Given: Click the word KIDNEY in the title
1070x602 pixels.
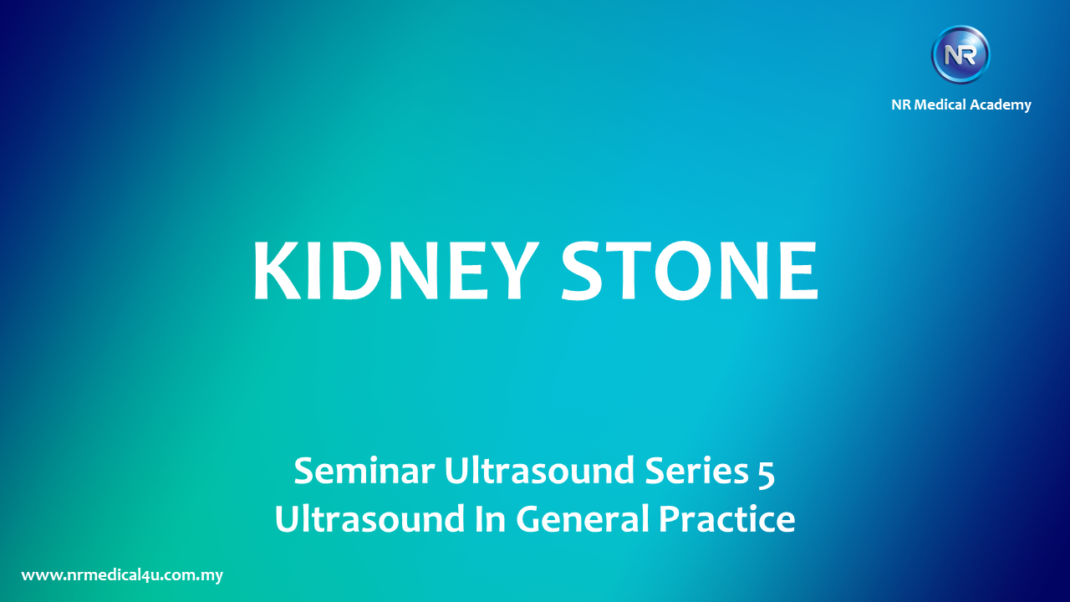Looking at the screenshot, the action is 395,270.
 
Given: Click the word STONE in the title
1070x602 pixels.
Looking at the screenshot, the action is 690,270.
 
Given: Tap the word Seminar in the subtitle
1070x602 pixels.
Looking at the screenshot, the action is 364,472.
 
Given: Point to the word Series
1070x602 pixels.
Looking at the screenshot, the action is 697,471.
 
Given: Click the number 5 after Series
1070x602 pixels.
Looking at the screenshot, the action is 767,474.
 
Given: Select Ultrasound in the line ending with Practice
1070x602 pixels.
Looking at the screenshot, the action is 369,519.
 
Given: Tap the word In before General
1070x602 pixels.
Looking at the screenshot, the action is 490,519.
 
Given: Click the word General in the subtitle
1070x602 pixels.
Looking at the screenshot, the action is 583,519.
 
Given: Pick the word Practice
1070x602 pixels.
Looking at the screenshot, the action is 727,519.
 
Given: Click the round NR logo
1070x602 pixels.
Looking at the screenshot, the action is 960,55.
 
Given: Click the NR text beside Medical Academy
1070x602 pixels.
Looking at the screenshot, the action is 901,105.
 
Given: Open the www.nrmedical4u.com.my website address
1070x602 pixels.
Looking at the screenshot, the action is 122,575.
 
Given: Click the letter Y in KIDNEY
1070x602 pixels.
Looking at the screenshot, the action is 512,270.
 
